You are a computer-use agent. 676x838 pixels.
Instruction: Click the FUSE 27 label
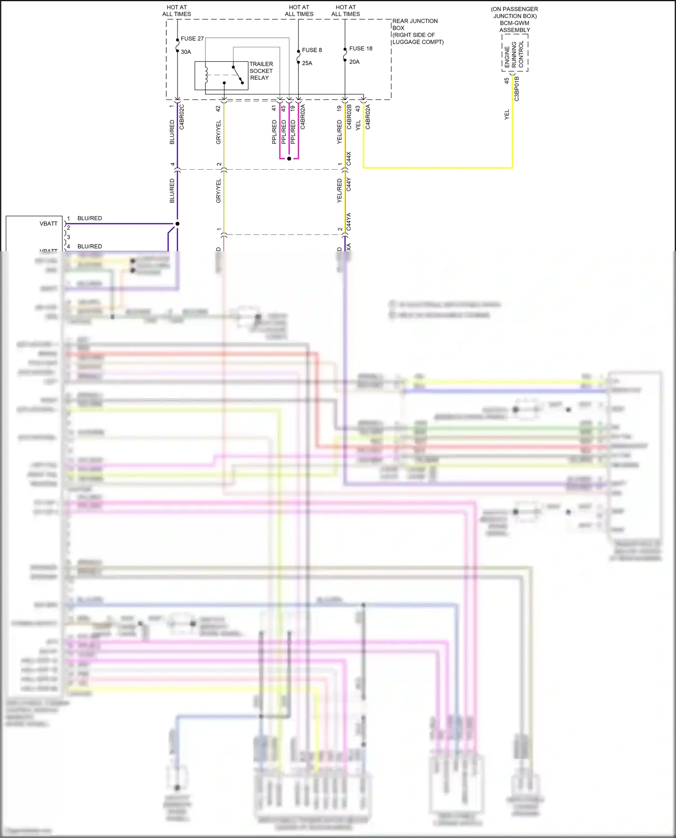pyautogui.click(x=192, y=39)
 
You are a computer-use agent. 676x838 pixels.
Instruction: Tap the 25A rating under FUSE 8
pyautogui.click(x=307, y=63)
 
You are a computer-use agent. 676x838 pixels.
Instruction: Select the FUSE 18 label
pyautogui.click(x=361, y=49)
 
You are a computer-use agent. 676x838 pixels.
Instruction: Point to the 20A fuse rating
pyautogui.click(x=354, y=62)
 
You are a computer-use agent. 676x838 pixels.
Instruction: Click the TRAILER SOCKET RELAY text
pyautogui.click(x=261, y=71)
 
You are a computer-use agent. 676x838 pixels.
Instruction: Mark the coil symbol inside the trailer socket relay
pyautogui.click(x=206, y=75)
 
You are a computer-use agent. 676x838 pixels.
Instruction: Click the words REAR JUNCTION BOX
pyautogui.click(x=415, y=24)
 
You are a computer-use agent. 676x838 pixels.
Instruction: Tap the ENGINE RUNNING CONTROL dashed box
pyautogui.click(x=515, y=53)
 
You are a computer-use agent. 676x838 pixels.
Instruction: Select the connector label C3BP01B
pyautogui.click(x=517, y=88)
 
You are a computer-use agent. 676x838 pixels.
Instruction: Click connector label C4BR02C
pyautogui.click(x=182, y=117)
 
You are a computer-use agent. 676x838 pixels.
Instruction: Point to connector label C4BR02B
pyautogui.click(x=349, y=117)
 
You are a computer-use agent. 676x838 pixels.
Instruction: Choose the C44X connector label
pyautogui.click(x=349, y=159)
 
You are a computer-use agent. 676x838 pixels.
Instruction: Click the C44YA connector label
pyautogui.click(x=349, y=222)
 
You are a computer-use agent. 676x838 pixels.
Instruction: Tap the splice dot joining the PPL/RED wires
pyautogui.click(x=289, y=159)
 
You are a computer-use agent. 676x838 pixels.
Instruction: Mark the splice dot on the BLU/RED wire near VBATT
pyautogui.click(x=178, y=224)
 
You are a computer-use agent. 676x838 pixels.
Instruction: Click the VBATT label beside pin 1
pyautogui.click(x=49, y=224)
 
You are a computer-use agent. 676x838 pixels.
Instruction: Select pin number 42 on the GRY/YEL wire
pyautogui.click(x=218, y=109)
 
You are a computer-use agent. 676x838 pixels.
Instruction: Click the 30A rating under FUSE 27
pyautogui.click(x=186, y=52)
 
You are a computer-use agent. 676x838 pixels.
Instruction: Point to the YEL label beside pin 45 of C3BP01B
pyautogui.click(x=507, y=114)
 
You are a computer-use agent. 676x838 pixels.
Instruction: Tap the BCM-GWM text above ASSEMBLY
pyautogui.click(x=514, y=23)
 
